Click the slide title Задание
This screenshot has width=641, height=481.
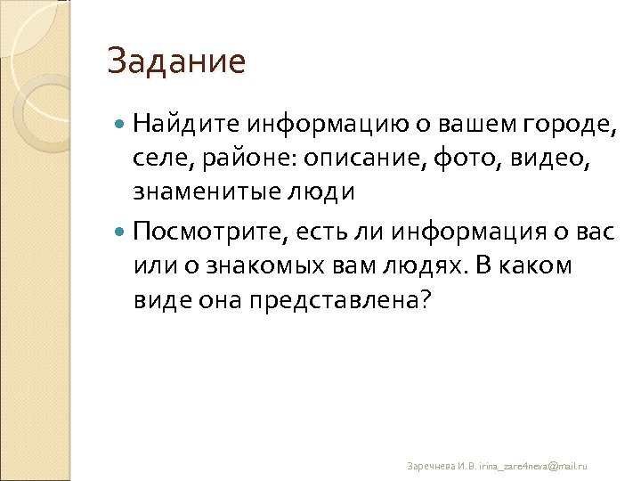point(175,61)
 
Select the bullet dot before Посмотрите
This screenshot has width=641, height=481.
point(122,232)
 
